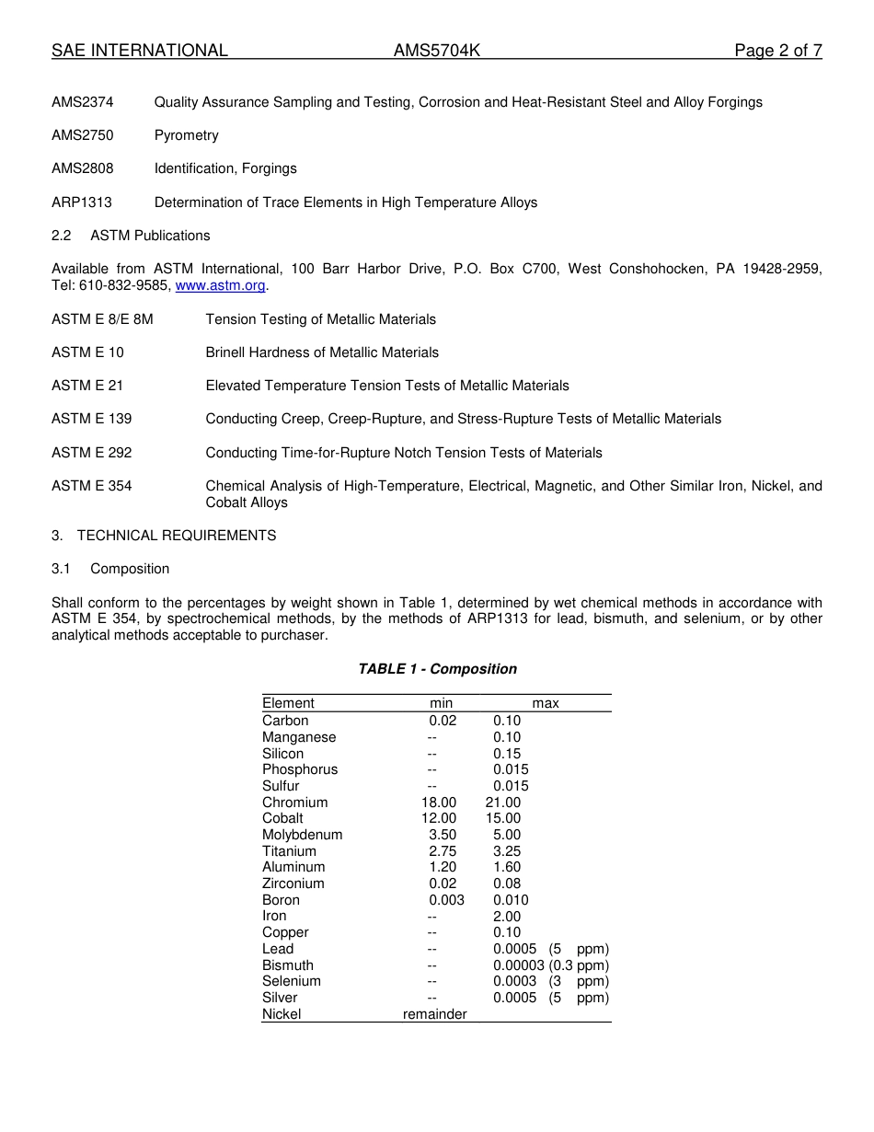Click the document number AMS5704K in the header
pyautogui.click(x=437, y=51)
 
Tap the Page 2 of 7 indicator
pyautogui.click(x=777, y=51)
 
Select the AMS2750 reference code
pyautogui.click(x=83, y=135)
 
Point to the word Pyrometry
pyautogui.click(x=187, y=135)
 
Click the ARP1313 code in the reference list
pyautogui.click(x=82, y=202)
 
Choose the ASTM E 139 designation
pyautogui.click(x=92, y=419)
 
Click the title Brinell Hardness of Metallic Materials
pyautogui.click(x=322, y=352)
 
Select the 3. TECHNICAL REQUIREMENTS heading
pyautogui.click(x=164, y=535)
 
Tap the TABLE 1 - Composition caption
pyautogui.click(x=437, y=669)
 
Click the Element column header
pyautogui.click(x=288, y=703)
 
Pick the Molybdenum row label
pyautogui.click(x=302, y=835)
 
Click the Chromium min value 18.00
pyautogui.click(x=439, y=803)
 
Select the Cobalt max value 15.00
pyautogui.click(x=503, y=818)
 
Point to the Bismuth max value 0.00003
pyautogui.click(x=519, y=965)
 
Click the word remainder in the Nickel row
pyautogui.click(x=435, y=1014)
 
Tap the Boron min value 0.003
pyautogui.click(x=446, y=900)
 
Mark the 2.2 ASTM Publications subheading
pyautogui.click(x=131, y=236)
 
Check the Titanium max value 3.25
pyautogui.click(x=507, y=851)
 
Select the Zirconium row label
pyautogui.click(x=293, y=884)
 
